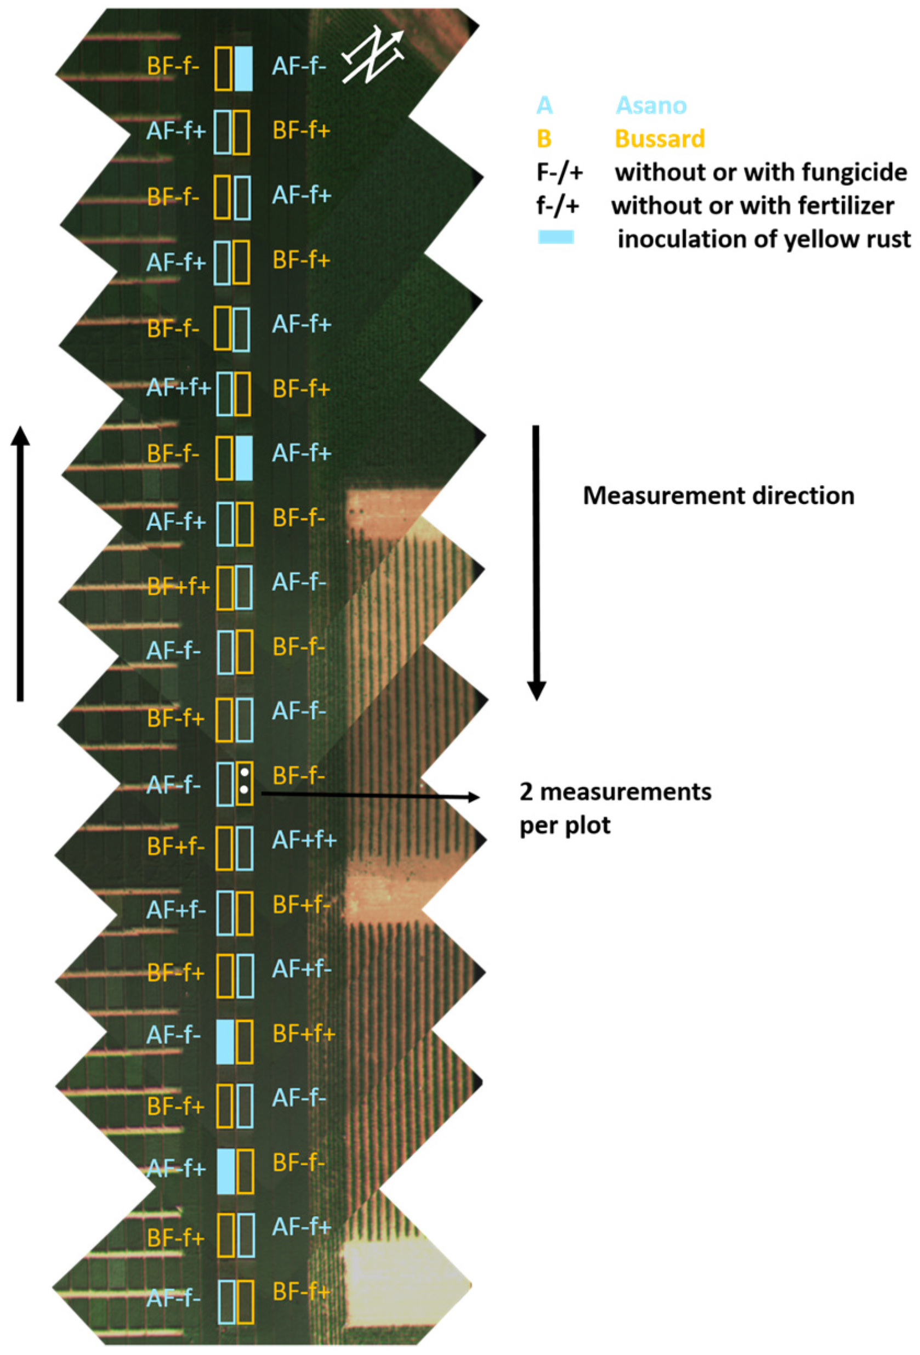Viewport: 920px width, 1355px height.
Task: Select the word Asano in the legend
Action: tap(651, 105)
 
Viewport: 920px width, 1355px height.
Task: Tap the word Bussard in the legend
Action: tap(660, 139)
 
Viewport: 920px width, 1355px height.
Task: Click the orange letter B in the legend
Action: tap(543, 139)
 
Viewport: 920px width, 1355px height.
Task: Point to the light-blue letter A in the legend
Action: tap(544, 105)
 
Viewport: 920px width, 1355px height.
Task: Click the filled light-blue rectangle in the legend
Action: tap(555, 237)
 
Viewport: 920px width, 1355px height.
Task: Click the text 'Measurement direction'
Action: tap(718, 496)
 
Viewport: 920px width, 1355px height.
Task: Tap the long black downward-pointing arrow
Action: tap(536, 563)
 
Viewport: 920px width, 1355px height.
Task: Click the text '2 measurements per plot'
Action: tap(615, 808)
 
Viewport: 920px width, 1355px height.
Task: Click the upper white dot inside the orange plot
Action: tap(245, 773)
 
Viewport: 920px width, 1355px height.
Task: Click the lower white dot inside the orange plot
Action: tap(245, 790)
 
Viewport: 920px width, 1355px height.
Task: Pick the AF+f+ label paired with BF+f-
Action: tap(304, 840)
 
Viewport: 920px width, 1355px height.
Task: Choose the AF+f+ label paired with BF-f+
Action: tap(178, 388)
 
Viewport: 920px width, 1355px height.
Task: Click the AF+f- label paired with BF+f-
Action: tap(176, 910)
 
